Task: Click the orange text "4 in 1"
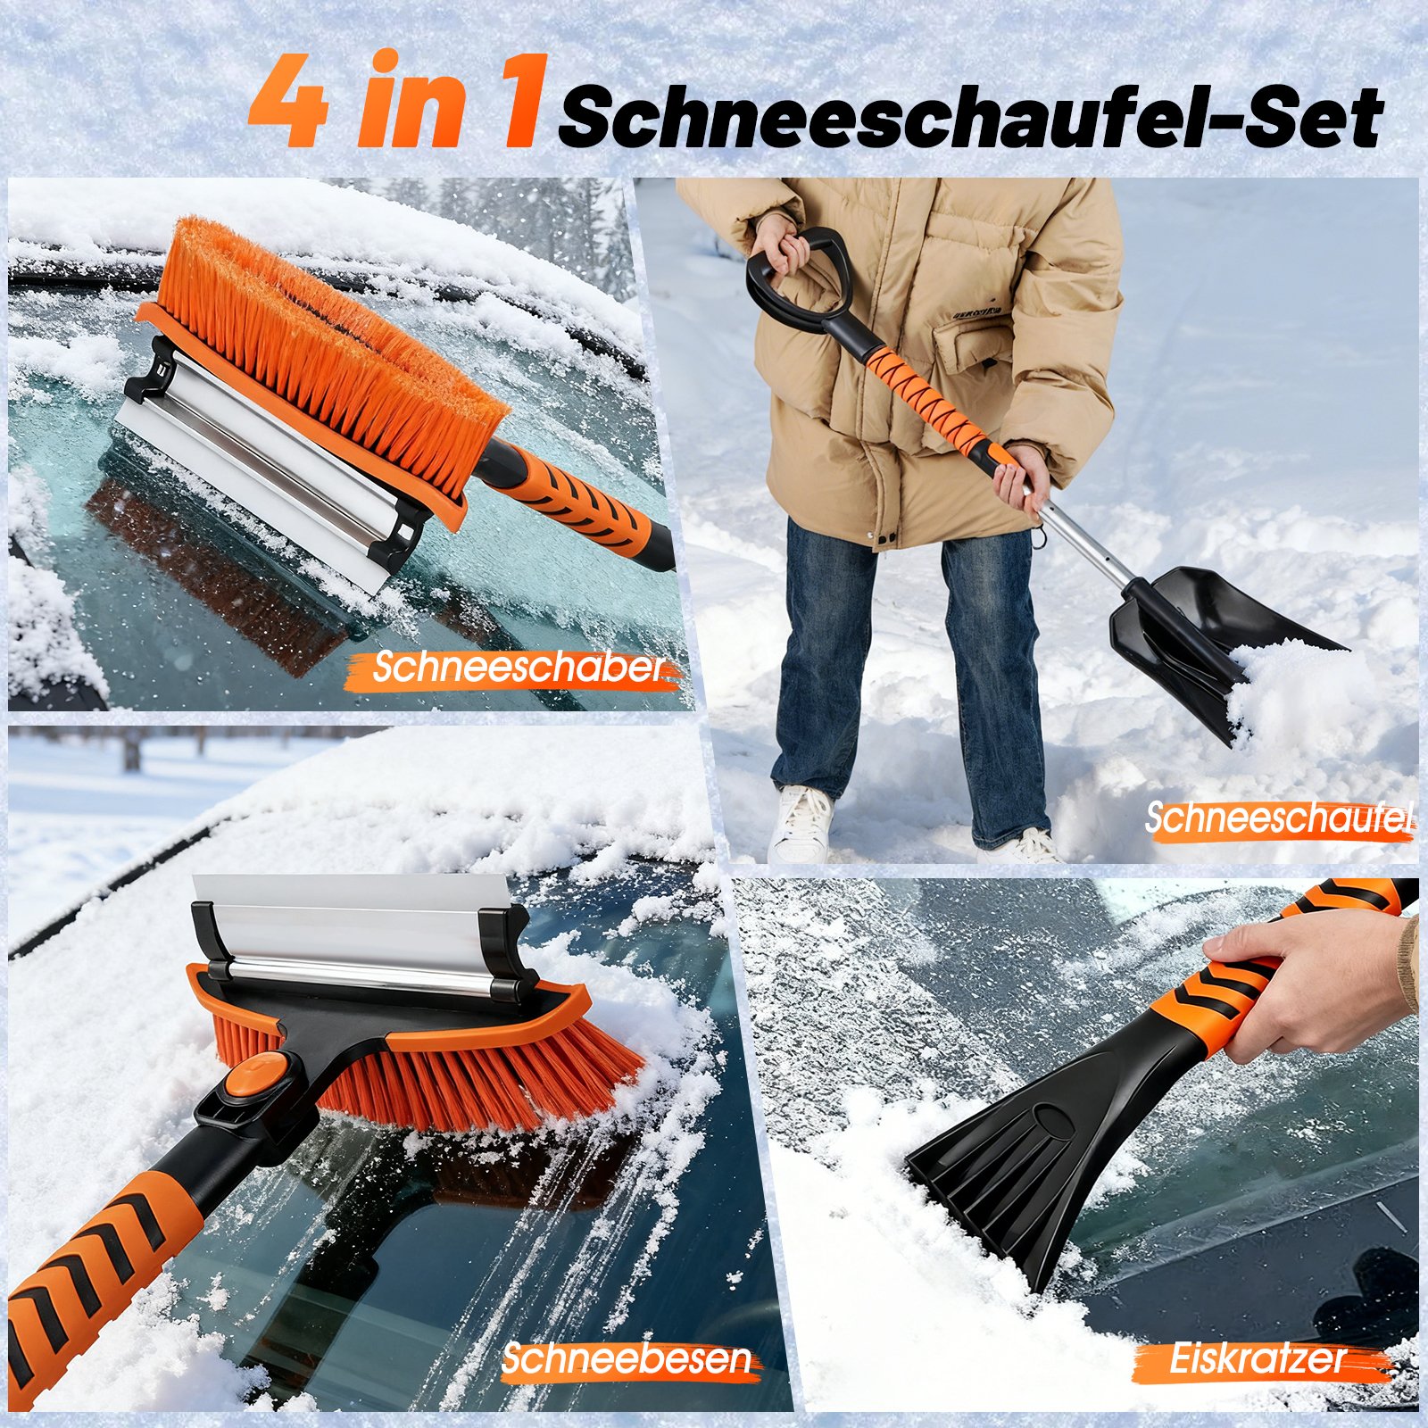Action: tap(398, 100)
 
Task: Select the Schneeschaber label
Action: tap(520, 668)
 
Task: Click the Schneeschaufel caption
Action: tap(1280, 818)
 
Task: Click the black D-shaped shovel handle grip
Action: tap(799, 277)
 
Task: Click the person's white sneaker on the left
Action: tap(801, 823)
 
